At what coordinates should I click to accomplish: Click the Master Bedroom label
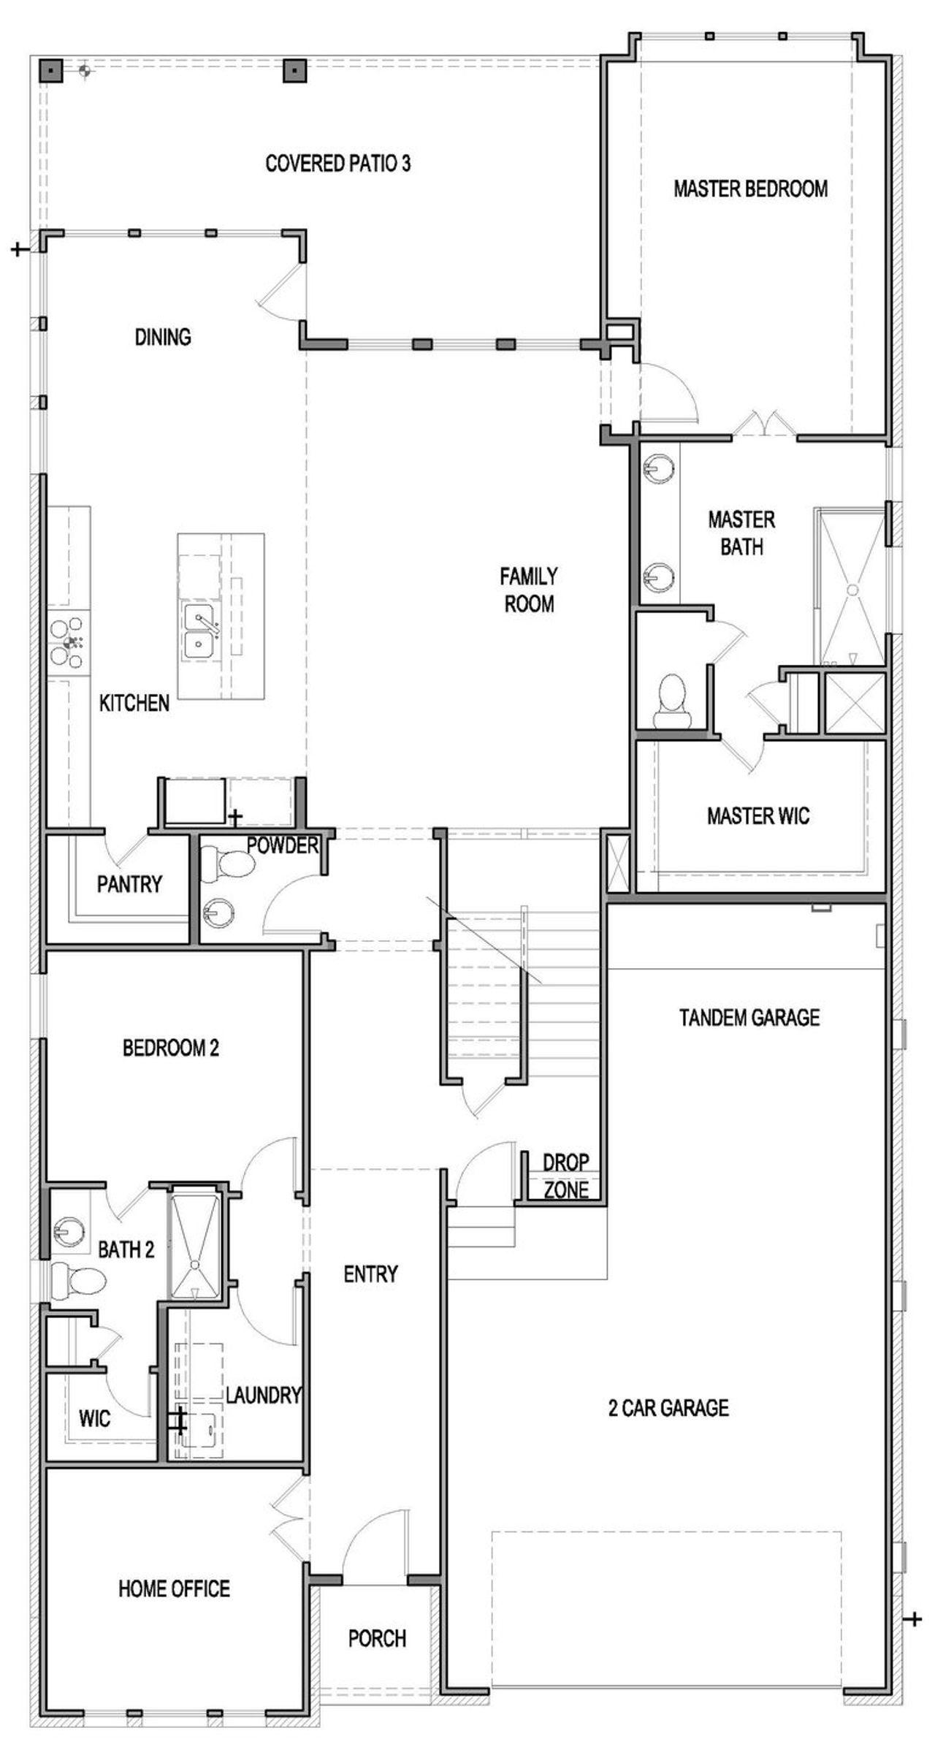[x=750, y=189]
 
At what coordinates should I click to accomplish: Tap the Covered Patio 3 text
[x=337, y=164]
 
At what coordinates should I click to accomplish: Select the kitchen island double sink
[x=199, y=632]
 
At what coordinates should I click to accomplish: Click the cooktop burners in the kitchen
[x=69, y=642]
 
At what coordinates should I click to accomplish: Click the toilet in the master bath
[x=671, y=699]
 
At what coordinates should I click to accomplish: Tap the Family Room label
[x=529, y=590]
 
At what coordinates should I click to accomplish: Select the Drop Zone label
[x=565, y=1176]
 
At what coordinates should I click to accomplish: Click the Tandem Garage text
[x=749, y=1018]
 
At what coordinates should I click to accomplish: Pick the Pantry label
[x=129, y=885]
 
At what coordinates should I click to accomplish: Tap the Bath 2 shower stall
[x=194, y=1242]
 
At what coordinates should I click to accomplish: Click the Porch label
[x=377, y=1639]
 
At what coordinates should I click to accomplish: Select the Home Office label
[x=174, y=1588]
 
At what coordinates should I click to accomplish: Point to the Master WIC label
[x=757, y=816]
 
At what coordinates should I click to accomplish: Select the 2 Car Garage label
[x=668, y=1408]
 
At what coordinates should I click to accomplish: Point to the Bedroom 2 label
[x=170, y=1048]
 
